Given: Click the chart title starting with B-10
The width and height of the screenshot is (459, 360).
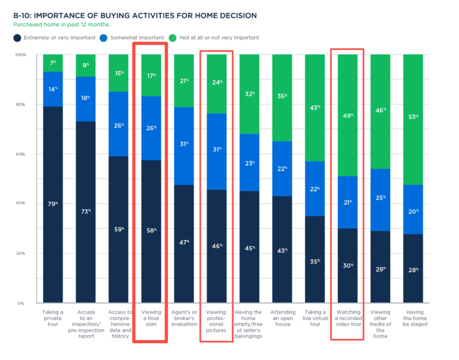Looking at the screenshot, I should click(x=135, y=16).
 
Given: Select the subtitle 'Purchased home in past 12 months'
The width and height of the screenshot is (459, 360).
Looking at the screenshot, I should click(x=61, y=24).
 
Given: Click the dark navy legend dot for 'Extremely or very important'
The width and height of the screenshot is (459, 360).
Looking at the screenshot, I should click(x=17, y=37).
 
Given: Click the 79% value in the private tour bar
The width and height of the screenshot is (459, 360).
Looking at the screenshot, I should click(x=53, y=204).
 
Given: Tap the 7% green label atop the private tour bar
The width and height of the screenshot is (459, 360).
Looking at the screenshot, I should click(x=53, y=63).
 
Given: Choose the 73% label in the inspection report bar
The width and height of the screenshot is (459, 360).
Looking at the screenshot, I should click(x=86, y=211).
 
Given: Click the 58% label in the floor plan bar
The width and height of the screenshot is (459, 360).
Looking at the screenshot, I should click(x=151, y=230).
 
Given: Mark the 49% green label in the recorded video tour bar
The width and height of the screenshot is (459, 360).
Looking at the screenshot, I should click(x=348, y=115).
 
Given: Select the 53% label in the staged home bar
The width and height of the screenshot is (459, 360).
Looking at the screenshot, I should click(x=413, y=116).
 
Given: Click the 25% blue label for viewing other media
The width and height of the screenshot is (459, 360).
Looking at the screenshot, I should click(x=380, y=198).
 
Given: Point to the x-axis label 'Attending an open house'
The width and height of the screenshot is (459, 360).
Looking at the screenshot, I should click(x=282, y=318).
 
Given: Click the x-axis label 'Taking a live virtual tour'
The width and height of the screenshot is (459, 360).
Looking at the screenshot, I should click(x=315, y=318).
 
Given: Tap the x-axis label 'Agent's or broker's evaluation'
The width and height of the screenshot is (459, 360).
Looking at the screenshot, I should click(x=184, y=318).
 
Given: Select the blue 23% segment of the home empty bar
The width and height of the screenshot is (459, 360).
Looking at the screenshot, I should click(x=249, y=163).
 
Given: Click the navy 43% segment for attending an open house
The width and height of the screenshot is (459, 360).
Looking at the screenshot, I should click(x=282, y=251).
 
